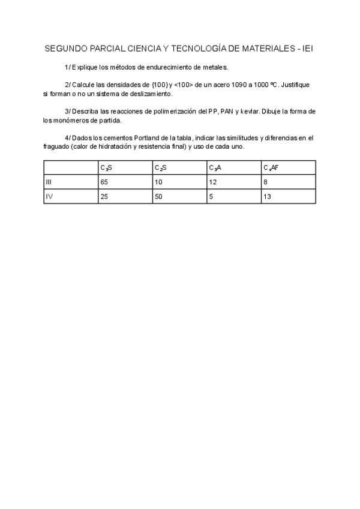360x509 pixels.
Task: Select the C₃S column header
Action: click(106, 168)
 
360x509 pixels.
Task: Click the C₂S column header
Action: click(160, 168)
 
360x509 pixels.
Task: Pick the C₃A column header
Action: click(215, 168)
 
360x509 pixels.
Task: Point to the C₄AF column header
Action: click(271, 168)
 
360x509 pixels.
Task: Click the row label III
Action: click(49, 182)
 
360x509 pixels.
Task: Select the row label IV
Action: click(50, 196)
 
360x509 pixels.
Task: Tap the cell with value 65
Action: click(104, 182)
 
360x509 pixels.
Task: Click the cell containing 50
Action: click(158, 196)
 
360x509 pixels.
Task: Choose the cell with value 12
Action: click(213, 182)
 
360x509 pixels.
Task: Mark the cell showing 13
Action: click(267, 196)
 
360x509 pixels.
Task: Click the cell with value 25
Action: click(104, 196)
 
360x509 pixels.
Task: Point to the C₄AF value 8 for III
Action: click(265, 182)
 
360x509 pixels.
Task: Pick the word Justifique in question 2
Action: click(297, 85)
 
